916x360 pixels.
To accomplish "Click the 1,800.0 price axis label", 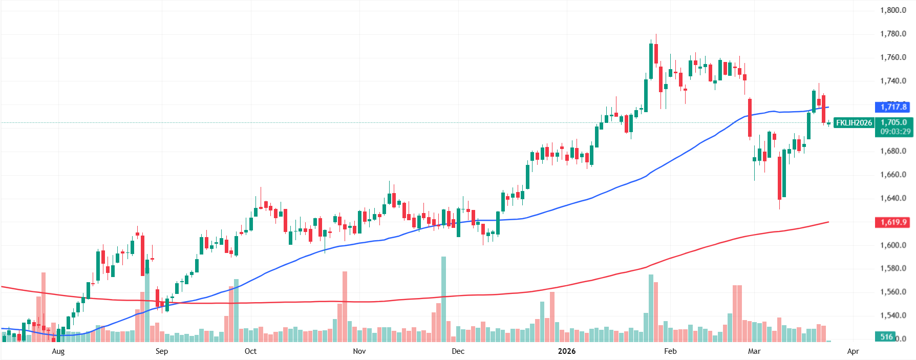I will [893, 10].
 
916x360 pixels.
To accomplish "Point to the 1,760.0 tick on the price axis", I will [893, 57].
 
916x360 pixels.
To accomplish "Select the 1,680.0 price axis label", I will [893, 151].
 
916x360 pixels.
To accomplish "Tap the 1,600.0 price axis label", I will [893, 245].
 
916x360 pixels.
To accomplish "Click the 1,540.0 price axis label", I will [893, 315].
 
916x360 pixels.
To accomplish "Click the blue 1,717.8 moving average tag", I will [893, 107].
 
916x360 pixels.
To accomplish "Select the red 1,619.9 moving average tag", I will [893, 222].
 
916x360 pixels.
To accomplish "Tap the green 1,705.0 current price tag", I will [893, 122].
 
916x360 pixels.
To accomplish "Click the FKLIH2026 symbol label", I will [854, 123].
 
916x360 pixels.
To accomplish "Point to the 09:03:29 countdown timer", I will [896, 132].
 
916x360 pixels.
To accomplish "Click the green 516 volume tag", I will [886, 336].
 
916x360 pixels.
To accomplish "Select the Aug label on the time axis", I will [58, 351].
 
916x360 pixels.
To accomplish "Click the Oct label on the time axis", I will [250, 351].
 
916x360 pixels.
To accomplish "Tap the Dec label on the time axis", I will [458, 351].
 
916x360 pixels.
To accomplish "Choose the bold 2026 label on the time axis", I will [566, 351].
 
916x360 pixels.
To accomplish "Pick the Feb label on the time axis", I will [670, 351].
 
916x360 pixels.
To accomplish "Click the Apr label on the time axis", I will [853, 351].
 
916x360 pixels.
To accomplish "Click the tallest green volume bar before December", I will [443, 299].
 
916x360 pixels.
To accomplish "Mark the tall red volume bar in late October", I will [345, 306].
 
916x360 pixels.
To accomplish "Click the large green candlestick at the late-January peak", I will [651, 61].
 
